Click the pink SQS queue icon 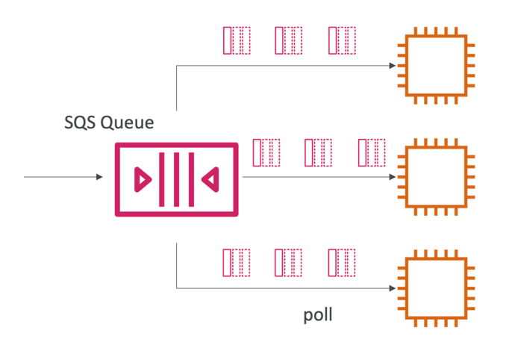pos(176,179)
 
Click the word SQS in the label pos(79,122)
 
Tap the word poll pos(318,315)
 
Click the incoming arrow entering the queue pos(63,177)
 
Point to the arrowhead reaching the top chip pos(393,66)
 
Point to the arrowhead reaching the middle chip pos(393,177)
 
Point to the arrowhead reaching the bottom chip pos(393,288)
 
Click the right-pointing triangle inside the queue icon pos(142,179)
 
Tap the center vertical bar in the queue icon pos(176,179)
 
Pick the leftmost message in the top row pos(237,40)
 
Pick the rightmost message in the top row pos(341,40)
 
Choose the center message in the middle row pos(319,152)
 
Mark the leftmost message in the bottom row pos(237,263)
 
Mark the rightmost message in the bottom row pos(341,263)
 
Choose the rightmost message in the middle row pos(371,152)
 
